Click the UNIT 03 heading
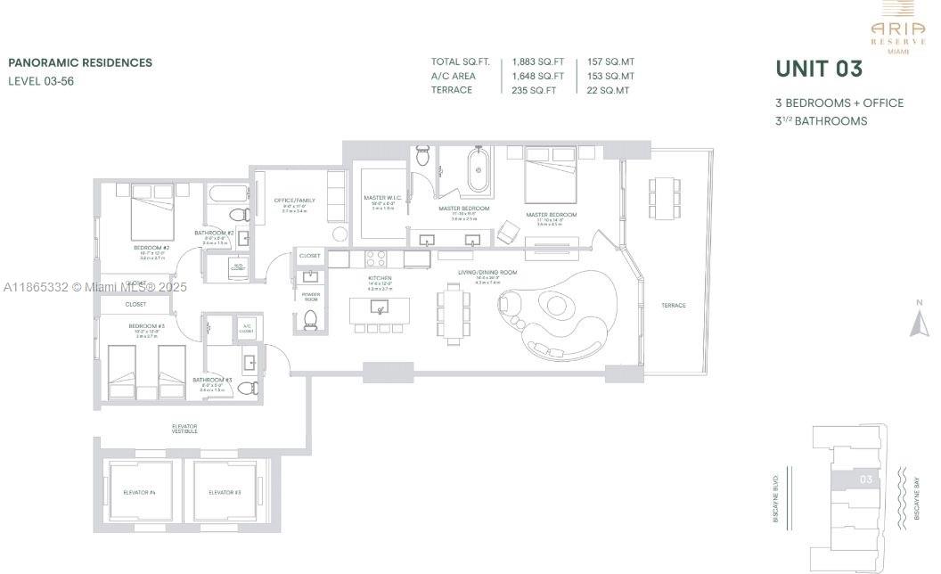click(x=819, y=70)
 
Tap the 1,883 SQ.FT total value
click(x=538, y=61)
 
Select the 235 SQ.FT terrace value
click(x=534, y=90)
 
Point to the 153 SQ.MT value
click(x=610, y=76)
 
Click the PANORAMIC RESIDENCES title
click(x=80, y=63)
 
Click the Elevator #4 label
click(x=139, y=492)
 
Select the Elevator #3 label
click(x=225, y=492)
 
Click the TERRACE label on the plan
click(x=673, y=306)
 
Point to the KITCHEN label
click(x=380, y=278)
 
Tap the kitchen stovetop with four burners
click(x=376, y=258)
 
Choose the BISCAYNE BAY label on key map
click(x=918, y=499)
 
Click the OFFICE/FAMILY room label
click(x=294, y=201)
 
